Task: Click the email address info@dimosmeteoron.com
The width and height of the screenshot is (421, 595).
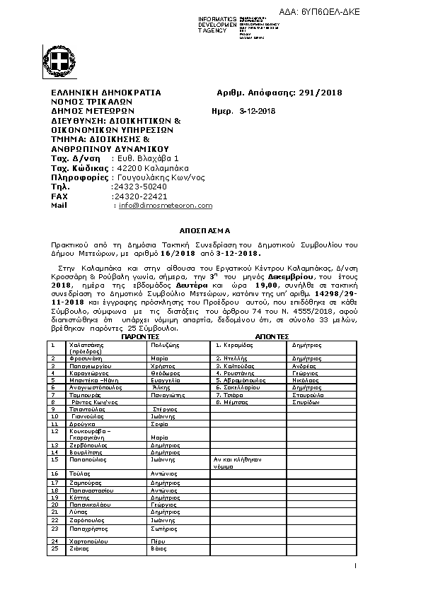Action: (165, 206)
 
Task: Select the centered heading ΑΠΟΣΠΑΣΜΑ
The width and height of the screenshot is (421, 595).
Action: (200, 231)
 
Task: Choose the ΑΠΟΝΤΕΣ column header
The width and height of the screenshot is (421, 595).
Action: (272, 337)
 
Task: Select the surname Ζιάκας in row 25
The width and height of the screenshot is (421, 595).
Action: (79, 548)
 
